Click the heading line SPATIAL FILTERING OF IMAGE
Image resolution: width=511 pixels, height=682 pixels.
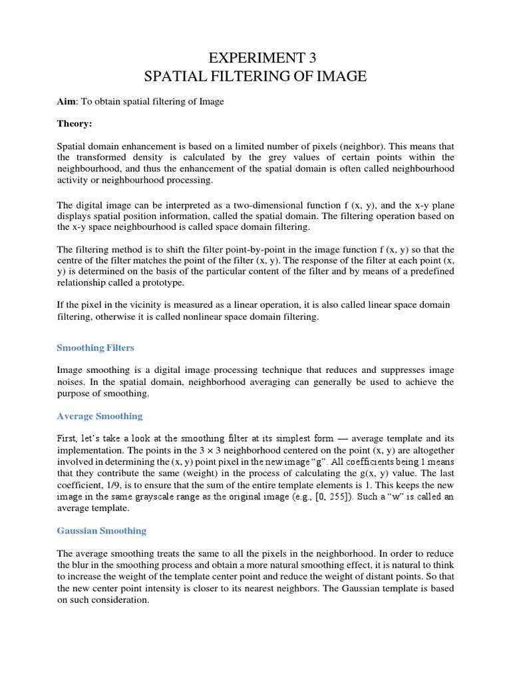tap(255, 77)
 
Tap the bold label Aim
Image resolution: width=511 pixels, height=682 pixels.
tap(66, 101)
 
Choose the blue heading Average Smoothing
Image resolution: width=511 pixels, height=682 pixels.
tap(100, 416)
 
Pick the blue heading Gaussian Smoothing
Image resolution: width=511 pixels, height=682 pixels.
tap(102, 531)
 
